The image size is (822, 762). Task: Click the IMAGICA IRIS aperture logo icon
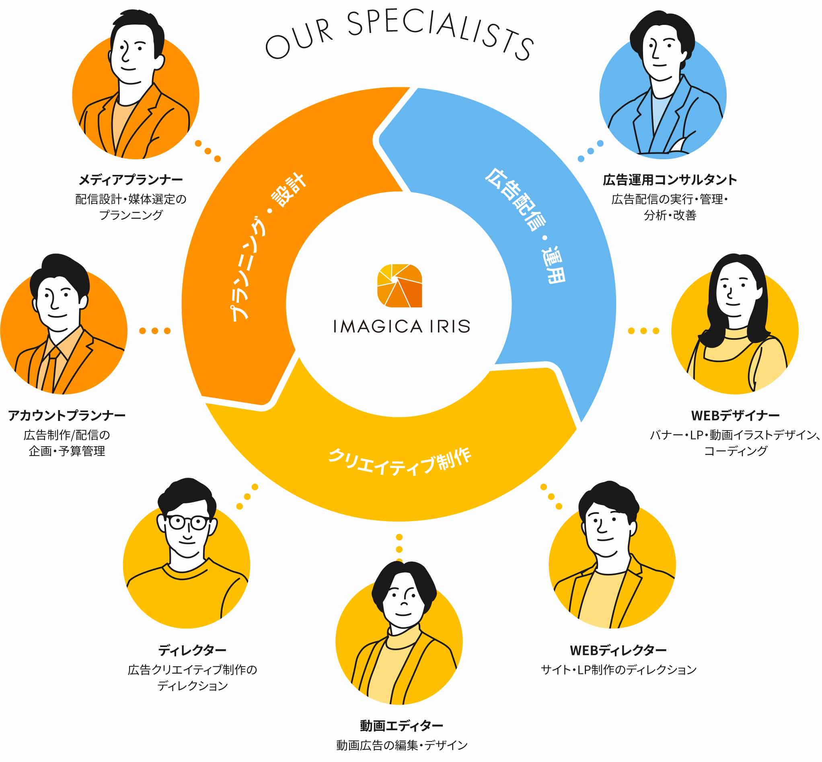coord(399,285)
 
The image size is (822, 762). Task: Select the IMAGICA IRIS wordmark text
coord(401,327)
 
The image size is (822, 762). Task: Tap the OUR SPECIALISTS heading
coord(399,35)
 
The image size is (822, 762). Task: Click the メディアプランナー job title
coord(131,180)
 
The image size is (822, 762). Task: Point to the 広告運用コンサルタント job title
coord(670,180)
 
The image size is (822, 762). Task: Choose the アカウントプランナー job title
coord(67,415)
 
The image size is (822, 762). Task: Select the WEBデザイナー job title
coord(736,415)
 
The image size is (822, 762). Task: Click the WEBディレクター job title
coord(618,650)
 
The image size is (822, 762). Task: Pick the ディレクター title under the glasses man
coord(192,650)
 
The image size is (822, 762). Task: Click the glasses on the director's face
coord(188,522)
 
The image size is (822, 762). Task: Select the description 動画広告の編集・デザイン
coord(401,745)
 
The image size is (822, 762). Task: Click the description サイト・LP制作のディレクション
coord(618,670)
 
